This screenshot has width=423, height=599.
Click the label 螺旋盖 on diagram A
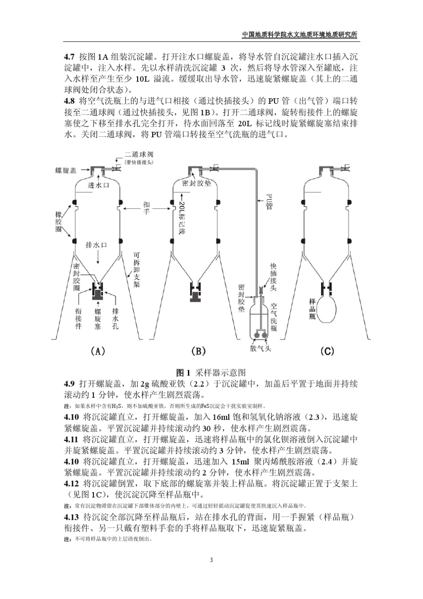[x=65, y=171]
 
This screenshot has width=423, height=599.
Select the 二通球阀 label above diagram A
[x=139, y=155]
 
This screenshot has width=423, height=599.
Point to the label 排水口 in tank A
[x=96, y=245]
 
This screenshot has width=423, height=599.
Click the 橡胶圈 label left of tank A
[x=55, y=221]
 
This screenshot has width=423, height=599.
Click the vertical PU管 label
[x=269, y=201]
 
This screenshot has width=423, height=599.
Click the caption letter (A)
[x=98, y=351]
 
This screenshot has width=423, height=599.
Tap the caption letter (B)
[x=198, y=351]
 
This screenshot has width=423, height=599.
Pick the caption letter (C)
[x=327, y=351]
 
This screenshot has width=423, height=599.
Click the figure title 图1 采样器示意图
[x=211, y=372]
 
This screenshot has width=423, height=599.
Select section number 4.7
[x=69, y=57]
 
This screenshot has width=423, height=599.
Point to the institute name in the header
[x=300, y=35]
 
